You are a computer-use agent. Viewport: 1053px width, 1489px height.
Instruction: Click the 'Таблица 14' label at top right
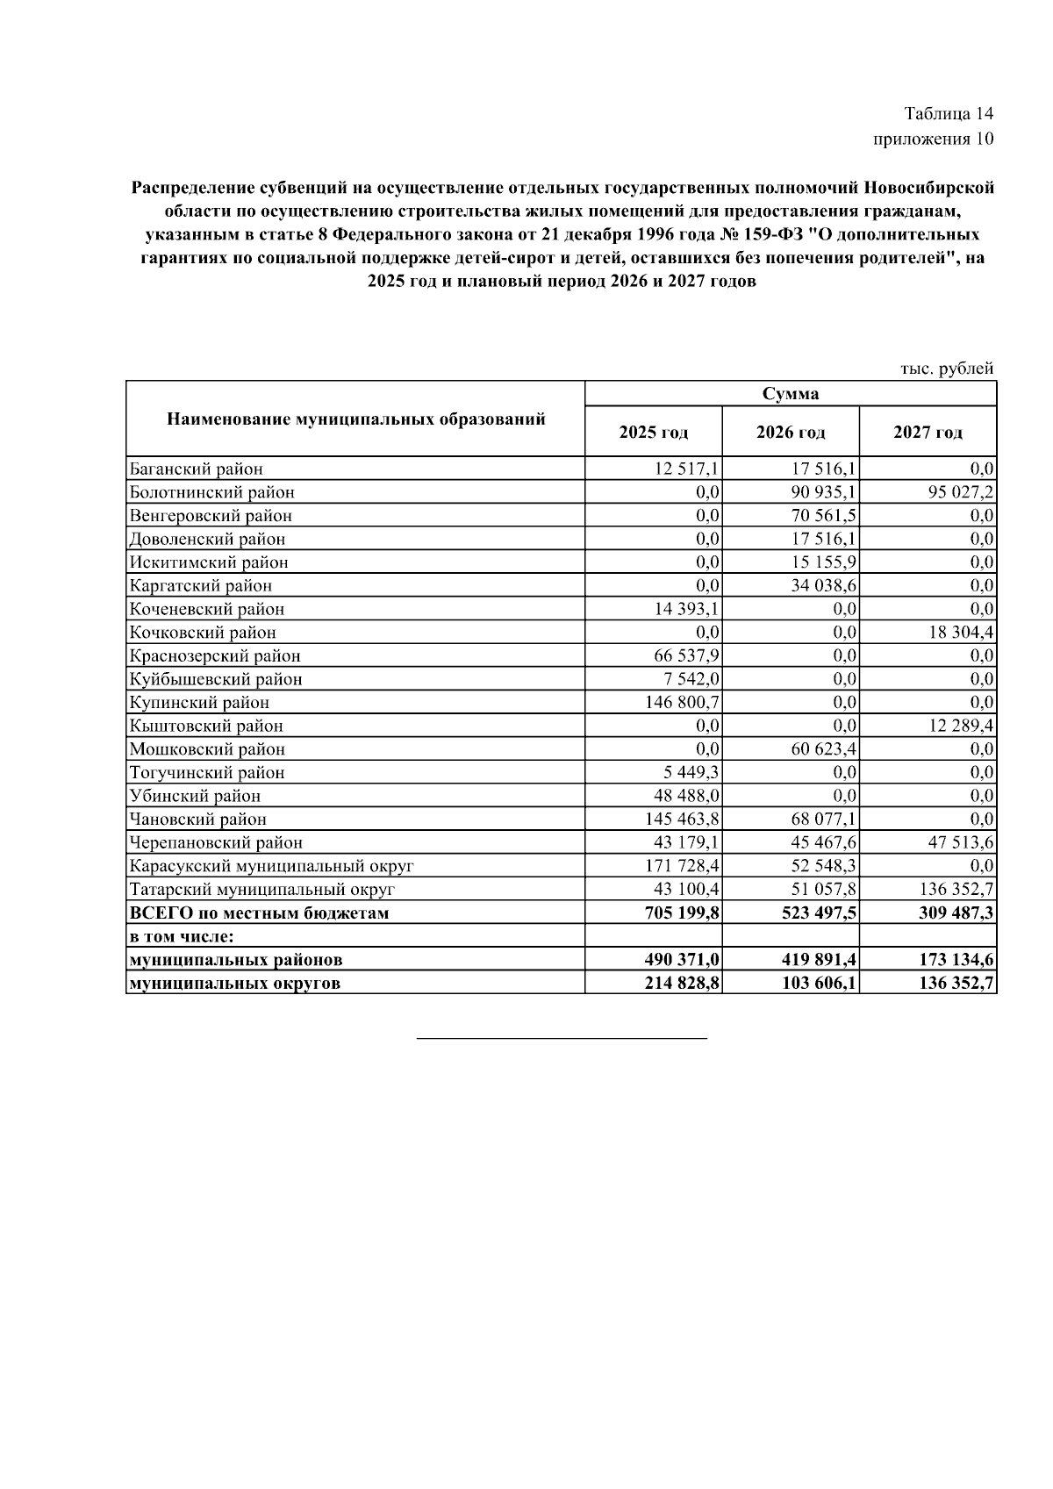click(949, 114)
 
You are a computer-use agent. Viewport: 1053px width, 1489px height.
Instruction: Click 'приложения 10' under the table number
click(934, 139)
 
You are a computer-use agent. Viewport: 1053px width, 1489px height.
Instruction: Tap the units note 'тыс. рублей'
click(947, 369)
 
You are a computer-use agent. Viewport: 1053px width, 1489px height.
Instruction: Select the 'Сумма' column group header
click(791, 393)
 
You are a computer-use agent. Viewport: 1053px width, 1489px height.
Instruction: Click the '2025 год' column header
click(654, 432)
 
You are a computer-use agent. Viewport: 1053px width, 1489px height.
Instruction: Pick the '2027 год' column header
click(928, 432)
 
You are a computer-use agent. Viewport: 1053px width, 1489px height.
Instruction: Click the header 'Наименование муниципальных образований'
click(355, 419)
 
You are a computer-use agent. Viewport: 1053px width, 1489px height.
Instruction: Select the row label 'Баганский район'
click(196, 469)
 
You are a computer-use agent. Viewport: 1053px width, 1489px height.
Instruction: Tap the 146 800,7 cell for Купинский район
click(683, 702)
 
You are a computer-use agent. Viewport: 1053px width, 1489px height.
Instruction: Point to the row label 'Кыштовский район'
click(206, 726)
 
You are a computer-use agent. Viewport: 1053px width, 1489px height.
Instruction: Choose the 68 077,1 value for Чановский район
click(823, 819)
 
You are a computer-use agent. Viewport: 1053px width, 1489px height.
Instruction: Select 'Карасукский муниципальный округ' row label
click(271, 866)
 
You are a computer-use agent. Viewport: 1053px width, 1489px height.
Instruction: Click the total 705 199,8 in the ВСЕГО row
click(682, 913)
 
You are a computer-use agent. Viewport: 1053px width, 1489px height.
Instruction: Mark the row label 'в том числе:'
click(182, 936)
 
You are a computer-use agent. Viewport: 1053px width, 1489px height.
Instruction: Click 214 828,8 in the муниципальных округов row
click(682, 983)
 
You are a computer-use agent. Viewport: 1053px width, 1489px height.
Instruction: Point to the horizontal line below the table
click(562, 1038)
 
